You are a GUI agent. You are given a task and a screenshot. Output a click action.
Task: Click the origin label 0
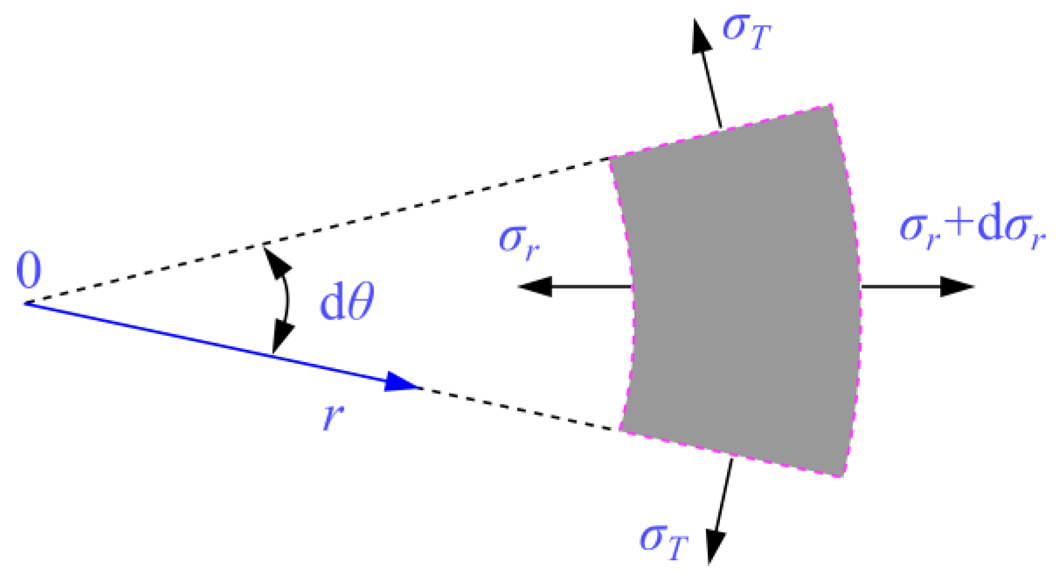tap(29, 271)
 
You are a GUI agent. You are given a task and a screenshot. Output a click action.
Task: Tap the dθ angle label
tap(347, 301)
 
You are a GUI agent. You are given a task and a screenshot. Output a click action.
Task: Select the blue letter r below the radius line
tap(333, 416)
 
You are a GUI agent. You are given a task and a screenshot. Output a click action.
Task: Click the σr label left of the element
tap(519, 240)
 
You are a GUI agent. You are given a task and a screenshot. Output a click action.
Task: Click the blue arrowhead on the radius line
tap(402, 383)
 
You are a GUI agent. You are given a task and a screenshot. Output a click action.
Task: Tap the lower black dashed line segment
tap(518, 408)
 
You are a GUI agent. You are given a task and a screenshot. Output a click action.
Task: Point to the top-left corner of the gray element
tap(610, 158)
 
